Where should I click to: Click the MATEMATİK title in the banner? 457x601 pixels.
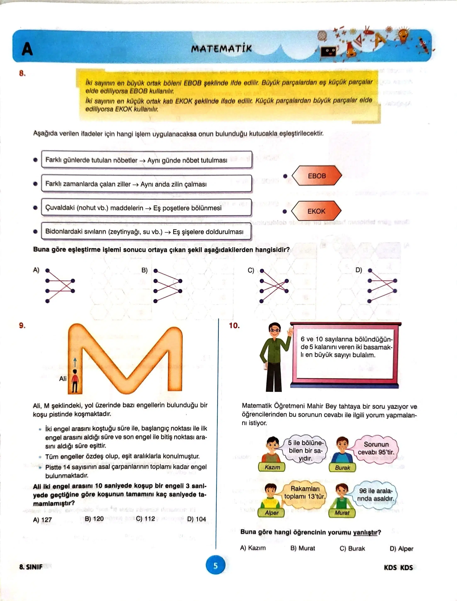(221, 49)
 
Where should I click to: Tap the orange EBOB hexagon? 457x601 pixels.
(317, 176)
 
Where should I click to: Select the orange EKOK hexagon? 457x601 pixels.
(316, 211)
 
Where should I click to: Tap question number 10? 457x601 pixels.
(234, 326)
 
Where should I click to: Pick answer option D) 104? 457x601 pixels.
(196, 519)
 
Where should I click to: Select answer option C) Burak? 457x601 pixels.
(352, 548)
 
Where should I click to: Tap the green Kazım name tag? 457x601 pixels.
(272, 467)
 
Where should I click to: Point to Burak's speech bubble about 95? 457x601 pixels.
(376, 448)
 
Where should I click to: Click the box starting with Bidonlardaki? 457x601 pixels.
(146, 232)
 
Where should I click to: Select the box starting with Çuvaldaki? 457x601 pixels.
(146, 208)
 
